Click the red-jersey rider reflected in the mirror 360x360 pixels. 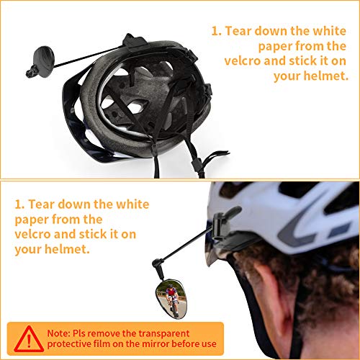point(171,297)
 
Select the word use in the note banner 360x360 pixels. point(215,344)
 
